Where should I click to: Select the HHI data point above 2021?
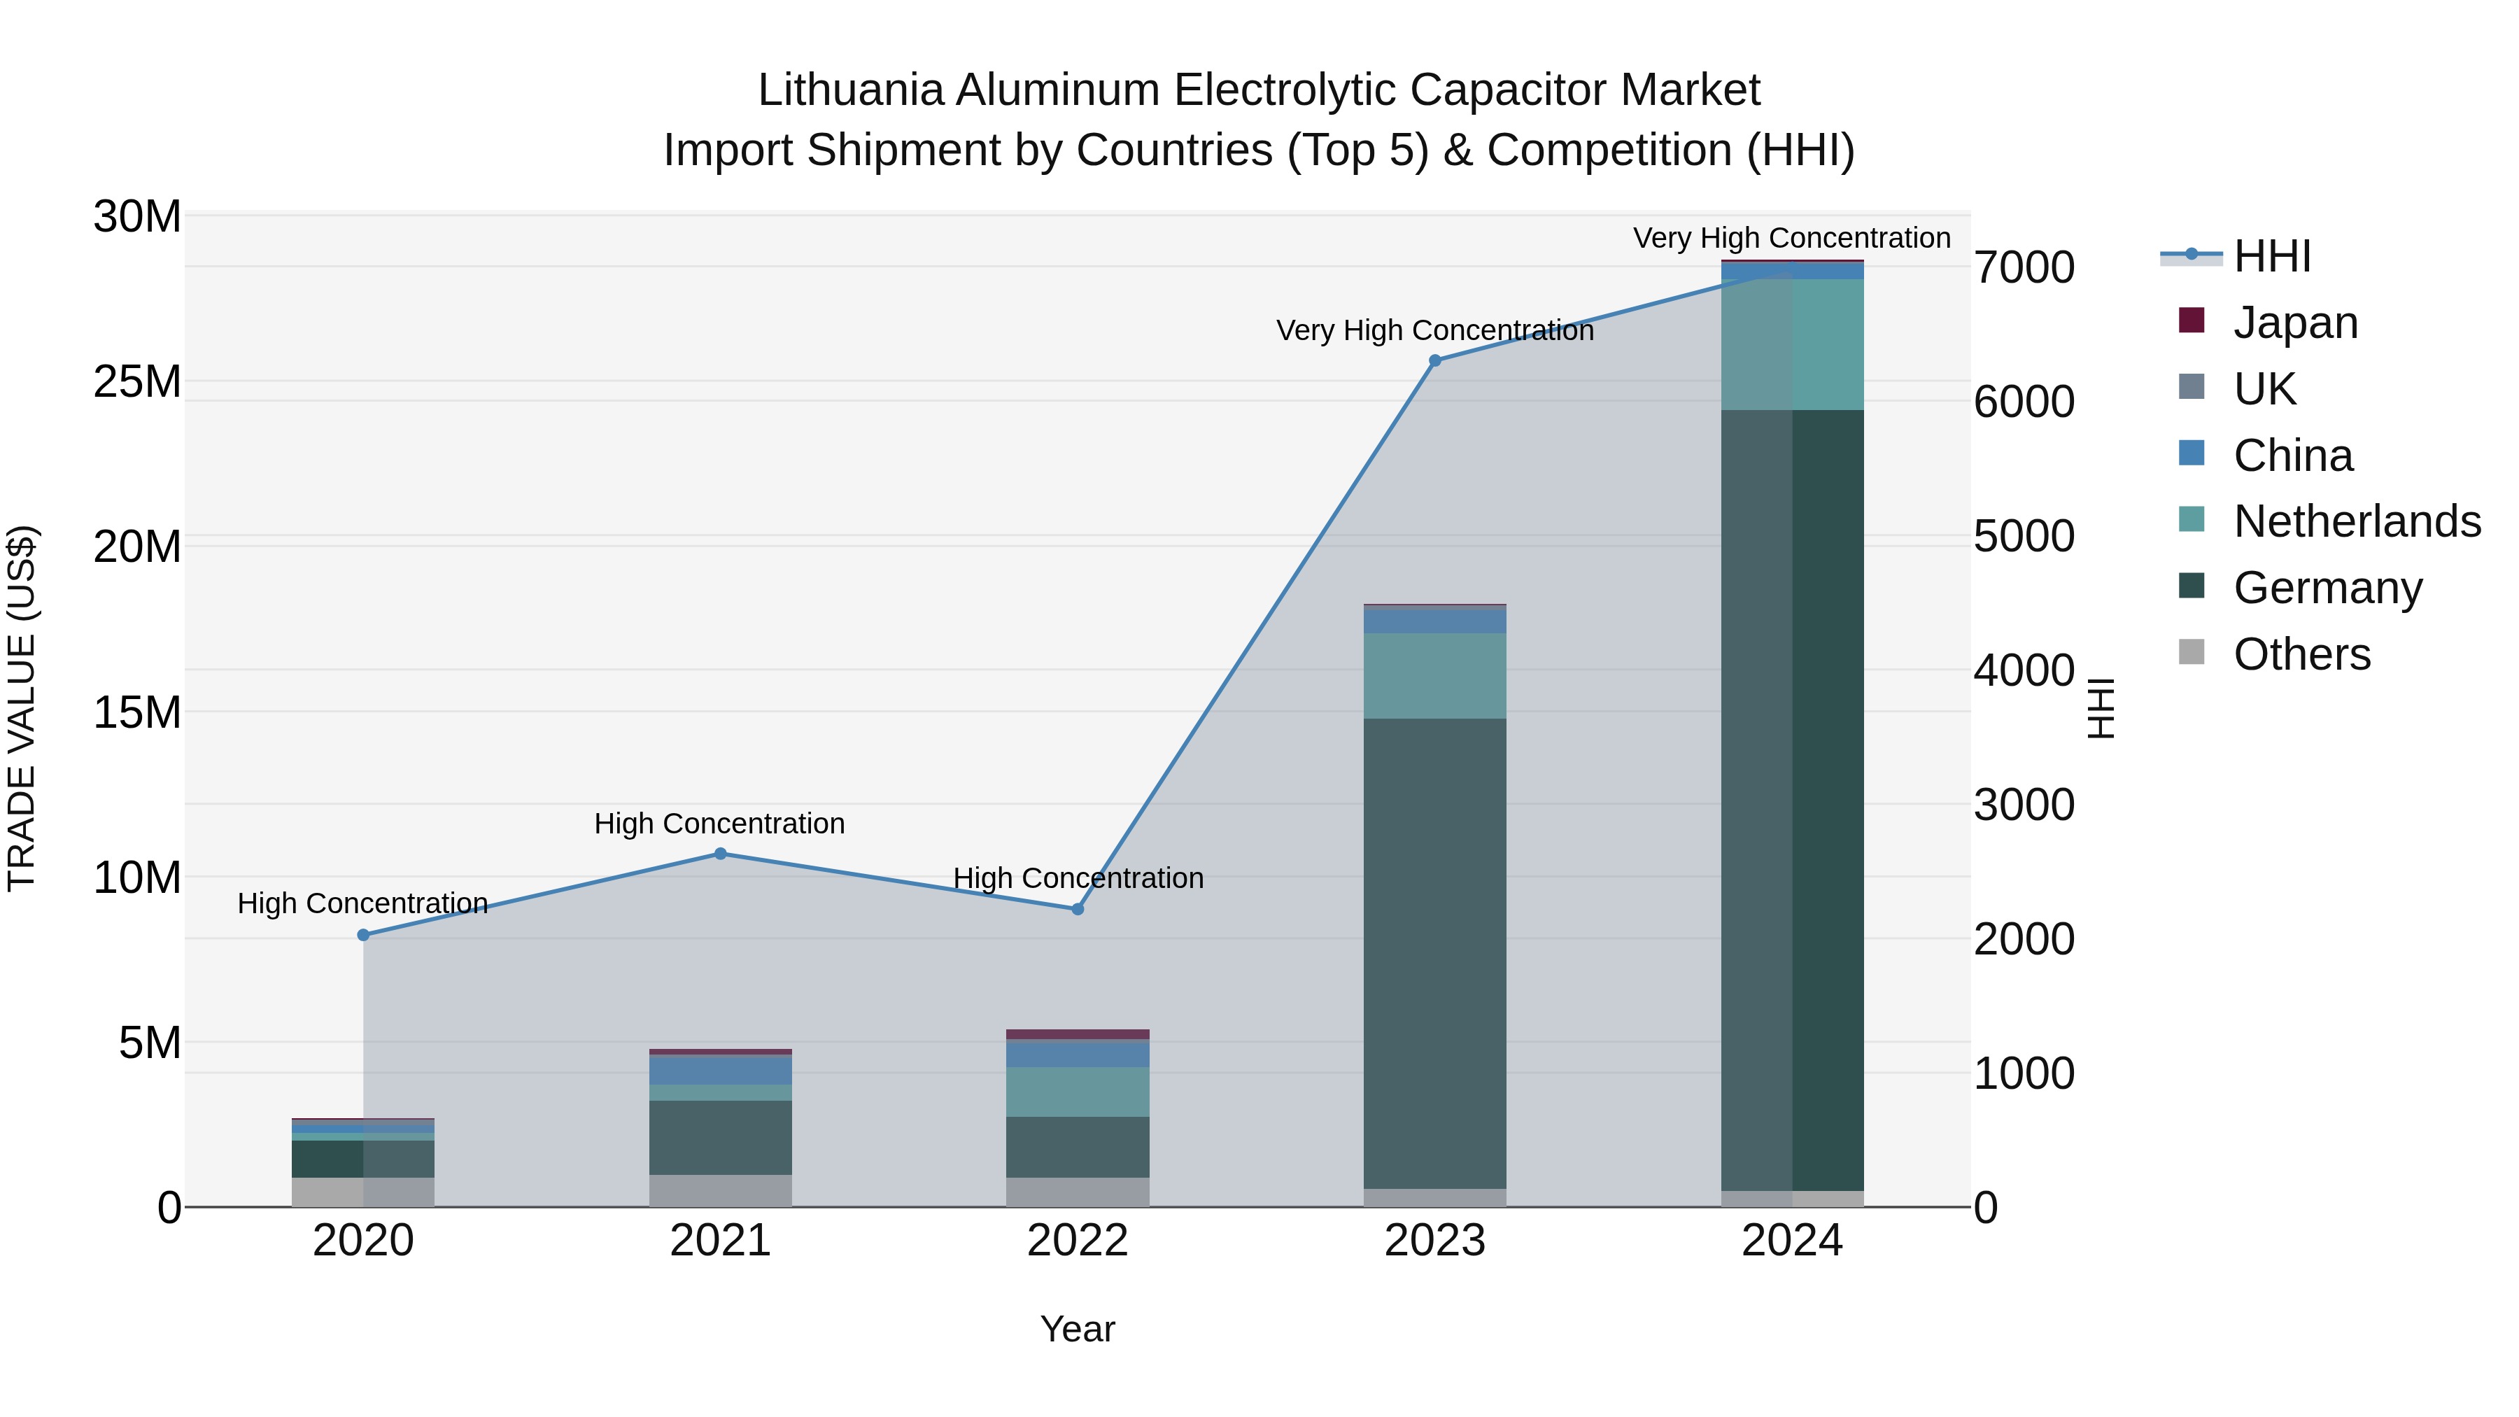[721, 854]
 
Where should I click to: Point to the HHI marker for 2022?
[1078, 908]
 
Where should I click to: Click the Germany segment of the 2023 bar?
[1434, 954]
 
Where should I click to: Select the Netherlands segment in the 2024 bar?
[1793, 344]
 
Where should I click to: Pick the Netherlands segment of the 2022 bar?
[1078, 1092]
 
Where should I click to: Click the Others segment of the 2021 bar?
[721, 1190]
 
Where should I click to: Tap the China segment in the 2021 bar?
[721, 1070]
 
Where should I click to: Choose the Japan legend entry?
[2295, 323]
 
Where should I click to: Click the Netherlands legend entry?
[2357, 521]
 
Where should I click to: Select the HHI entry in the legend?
[2271, 256]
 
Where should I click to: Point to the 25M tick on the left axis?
[138, 381]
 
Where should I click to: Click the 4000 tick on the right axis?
[2023, 671]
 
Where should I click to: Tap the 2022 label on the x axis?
[1078, 1241]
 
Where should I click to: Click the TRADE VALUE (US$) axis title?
[22, 708]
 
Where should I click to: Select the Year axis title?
[1078, 1329]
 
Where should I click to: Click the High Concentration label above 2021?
[720, 824]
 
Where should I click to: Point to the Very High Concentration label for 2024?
[1791, 238]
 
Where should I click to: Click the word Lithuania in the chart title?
[852, 91]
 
